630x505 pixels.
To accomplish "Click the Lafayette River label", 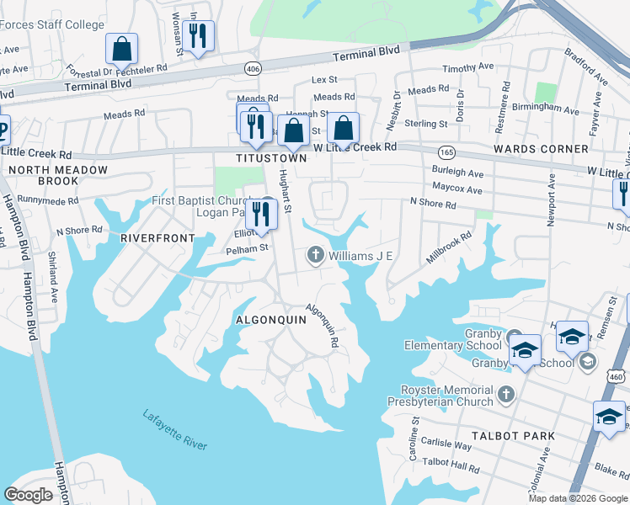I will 174,429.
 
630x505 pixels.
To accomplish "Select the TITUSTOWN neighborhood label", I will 271,158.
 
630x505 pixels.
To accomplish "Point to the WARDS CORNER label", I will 542,149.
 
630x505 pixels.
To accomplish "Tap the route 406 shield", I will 252,66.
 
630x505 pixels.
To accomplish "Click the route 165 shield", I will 446,151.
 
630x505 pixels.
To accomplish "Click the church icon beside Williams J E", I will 316,255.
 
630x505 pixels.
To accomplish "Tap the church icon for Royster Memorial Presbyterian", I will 505,394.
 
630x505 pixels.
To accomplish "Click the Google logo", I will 29,495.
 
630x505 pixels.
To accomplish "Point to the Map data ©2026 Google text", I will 578,498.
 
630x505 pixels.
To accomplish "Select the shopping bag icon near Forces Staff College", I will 122,50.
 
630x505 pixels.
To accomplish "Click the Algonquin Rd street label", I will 322,326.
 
